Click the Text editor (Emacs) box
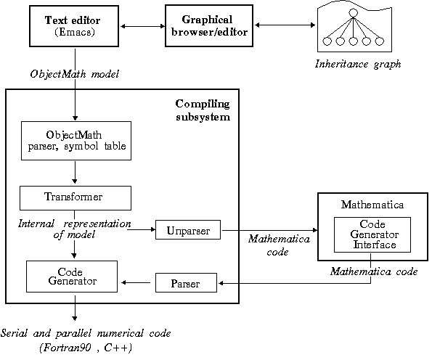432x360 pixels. tap(74, 26)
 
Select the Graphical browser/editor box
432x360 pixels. tap(209, 25)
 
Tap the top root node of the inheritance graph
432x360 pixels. tap(353, 12)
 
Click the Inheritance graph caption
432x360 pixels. tap(358, 64)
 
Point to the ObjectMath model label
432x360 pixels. tap(74, 74)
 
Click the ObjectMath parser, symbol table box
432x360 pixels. tap(76, 141)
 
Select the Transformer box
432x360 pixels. tap(76, 198)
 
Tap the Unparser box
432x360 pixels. tap(188, 229)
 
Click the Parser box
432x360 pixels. tap(186, 282)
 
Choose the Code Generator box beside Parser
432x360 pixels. tap(72, 277)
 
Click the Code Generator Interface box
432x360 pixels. tap(372, 234)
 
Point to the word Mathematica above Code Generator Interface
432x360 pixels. tap(372, 205)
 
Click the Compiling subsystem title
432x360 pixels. tap(203, 110)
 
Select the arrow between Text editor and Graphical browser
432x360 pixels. tap(142, 26)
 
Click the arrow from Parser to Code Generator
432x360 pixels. tap(136, 282)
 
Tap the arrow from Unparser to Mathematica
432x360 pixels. tap(269, 230)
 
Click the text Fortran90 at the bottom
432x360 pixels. tap(66, 348)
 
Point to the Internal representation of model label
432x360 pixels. tap(74, 229)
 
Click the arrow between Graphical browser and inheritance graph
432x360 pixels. tap(285, 25)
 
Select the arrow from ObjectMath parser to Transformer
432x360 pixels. tap(75, 173)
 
